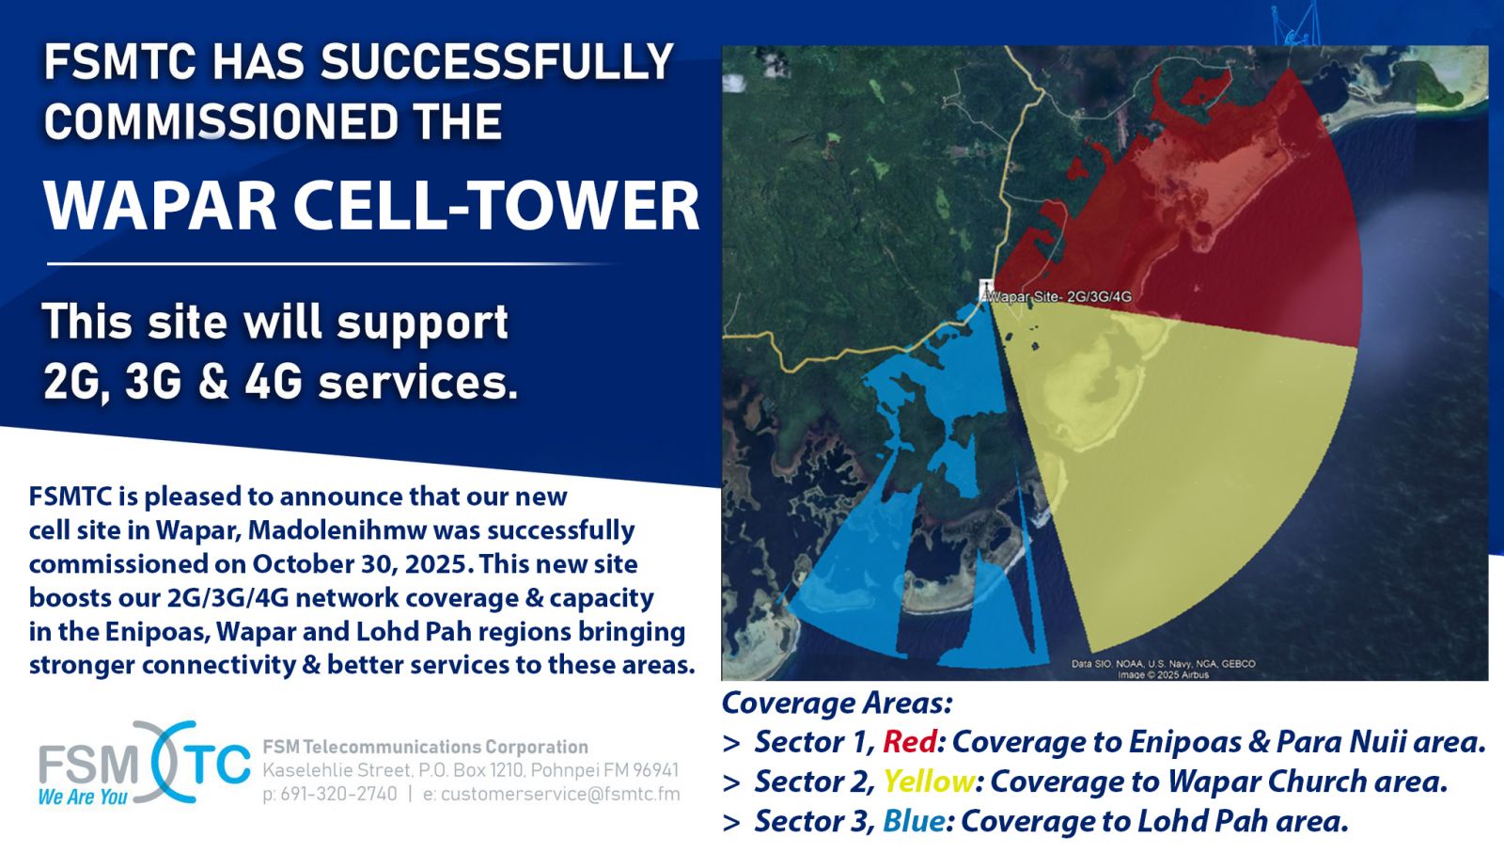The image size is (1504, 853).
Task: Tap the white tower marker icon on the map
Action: click(x=986, y=289)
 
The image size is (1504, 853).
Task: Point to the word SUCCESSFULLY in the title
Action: click(x=496, y=62)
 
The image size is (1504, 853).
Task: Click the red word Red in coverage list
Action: click(x=910, y=741)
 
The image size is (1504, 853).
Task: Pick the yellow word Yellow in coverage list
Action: click(x=929, y=782)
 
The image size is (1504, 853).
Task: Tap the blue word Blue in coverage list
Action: click(x=914, y=821)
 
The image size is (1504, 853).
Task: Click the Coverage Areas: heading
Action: click(x=838, y=703)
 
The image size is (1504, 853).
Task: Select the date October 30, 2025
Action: click(x=358, y=563)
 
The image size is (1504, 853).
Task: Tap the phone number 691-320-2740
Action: click(x=338, y=794)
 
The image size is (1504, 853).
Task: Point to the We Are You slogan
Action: click(x=83, y=797)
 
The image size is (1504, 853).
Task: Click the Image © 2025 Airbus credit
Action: click(x=1163, y=674)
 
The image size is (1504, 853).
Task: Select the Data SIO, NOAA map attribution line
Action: click(x=1163, y=664)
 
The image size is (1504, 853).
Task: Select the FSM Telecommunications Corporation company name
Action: click(x=425, y=747)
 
